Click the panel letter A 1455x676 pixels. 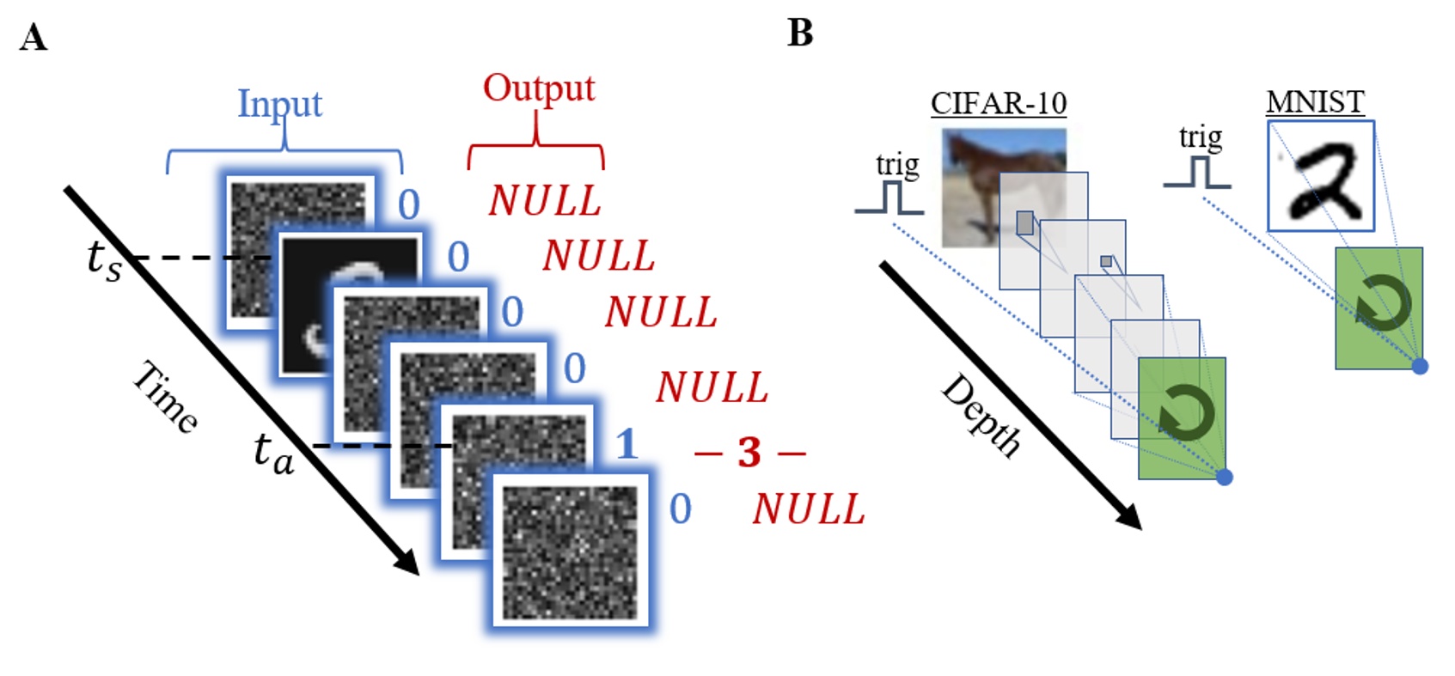(33, 39)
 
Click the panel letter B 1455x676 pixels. (799, 33)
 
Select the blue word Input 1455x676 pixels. (279, 104)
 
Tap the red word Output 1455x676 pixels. (538, 88)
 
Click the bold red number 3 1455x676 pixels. (749, 452)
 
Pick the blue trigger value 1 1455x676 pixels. (627, 444)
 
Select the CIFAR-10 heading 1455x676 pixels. (998, 104)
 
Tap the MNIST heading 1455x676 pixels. (1314, 102)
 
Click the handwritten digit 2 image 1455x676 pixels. (1321, 176)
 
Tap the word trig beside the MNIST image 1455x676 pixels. (1200, 137)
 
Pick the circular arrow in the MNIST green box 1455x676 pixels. (1382, 306)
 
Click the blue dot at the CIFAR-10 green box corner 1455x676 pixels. (1225, 477)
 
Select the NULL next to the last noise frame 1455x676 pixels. (808, 509)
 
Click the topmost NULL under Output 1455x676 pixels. (544, 201)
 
